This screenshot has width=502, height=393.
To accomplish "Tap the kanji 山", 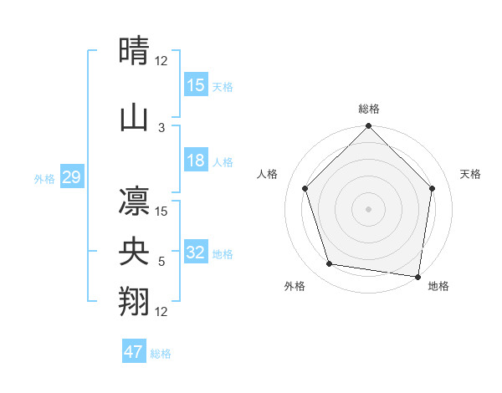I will click(x=134, y=118).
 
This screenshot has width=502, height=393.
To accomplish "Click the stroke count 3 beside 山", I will click(x=161, y=128).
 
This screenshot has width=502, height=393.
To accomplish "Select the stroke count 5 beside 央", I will click(x=161, y=262).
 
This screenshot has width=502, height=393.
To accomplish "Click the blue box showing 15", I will click(x=196, y=85).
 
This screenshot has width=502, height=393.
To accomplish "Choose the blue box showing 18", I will click(x=196, y=161).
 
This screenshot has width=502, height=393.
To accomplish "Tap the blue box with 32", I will click(x=196, y=253).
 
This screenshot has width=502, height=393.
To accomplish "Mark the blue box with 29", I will click(x=71, y=177).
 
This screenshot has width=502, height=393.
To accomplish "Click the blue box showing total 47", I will click(x=134, y=352).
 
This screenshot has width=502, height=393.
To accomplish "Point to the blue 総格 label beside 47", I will click(x=161, y=354).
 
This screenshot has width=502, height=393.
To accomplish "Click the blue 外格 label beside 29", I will click(x=44, y=178).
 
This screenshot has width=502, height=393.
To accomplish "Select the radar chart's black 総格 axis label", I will click(x=369, y=109).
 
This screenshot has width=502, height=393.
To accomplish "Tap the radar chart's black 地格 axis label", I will click(x=438, y=286).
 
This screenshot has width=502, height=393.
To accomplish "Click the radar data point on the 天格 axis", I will click(x=433, y=188).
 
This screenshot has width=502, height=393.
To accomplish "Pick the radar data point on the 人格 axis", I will click(x=305, y=188).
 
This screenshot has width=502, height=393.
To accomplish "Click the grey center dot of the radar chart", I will click(x=368, y=208).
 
